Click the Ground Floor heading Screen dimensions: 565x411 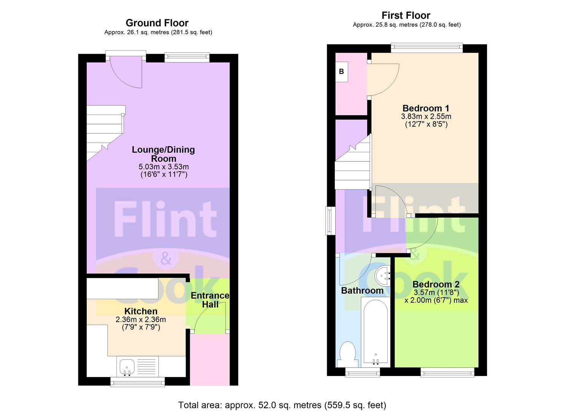point(157,23)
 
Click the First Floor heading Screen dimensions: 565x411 point(406,15)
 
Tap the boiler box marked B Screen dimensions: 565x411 point(342,72)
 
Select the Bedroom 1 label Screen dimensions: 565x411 point(426,108)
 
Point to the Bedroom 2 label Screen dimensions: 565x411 point(436,284)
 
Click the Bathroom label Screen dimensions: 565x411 point(362,290)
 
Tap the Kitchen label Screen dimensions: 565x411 point(141,311)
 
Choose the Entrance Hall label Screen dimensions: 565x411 point(210,300)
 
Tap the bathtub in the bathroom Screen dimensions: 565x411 point(375,332)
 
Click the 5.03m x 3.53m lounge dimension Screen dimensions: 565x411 point(164,167)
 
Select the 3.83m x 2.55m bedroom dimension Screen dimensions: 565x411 point(426,116)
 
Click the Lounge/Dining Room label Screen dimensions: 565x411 point(164,154)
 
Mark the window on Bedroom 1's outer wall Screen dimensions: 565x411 point(427,48)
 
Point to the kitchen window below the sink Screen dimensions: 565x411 point(138,382)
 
